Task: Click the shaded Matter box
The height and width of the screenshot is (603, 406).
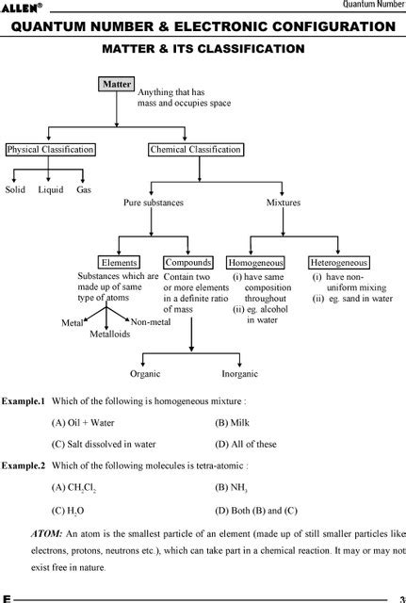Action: coord(117,84)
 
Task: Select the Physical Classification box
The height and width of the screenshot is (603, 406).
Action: coord(50,149)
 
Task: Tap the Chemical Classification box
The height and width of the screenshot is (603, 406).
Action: coord(196,149)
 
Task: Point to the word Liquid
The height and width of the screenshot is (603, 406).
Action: coord(51,189)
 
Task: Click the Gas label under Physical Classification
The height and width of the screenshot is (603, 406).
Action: coord(84,189)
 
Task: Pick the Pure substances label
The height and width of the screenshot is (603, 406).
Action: coord(154,203)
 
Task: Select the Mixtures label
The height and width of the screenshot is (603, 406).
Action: coord(284,203)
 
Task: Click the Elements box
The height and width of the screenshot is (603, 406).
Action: coord(119,263)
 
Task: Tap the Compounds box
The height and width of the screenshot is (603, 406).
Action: coord(188,263)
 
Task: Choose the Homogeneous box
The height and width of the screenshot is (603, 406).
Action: coord(255,263)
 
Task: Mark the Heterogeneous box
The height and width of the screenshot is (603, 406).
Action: coord(339,263)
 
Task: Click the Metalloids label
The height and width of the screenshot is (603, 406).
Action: coord(110,334)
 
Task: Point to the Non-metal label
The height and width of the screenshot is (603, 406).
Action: coord(151,322)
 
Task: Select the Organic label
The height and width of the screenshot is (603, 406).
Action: coord(145,374)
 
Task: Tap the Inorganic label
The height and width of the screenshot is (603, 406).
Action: coord(239,374)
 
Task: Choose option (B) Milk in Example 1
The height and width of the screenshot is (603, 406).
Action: coord(233,423)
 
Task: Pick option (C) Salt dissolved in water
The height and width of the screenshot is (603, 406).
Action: coord(104,444)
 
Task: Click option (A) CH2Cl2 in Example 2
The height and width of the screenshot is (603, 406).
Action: coord(73,488)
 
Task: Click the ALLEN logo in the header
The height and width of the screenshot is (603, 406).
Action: coord(20,8)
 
